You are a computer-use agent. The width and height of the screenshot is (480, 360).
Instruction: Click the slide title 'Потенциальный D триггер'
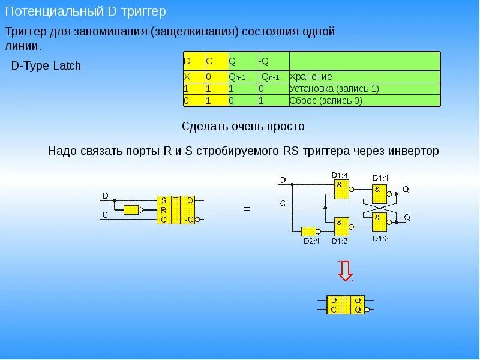[x=86, y=12]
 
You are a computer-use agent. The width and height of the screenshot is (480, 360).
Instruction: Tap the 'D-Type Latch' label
[x=46, y=66]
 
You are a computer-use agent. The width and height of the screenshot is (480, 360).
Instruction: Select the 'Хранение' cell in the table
[x=311, y=77]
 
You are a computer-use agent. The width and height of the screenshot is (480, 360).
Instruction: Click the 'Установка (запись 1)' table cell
[x=334, y=89]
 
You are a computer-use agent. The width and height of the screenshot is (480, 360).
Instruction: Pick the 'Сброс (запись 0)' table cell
[x=326, y=101]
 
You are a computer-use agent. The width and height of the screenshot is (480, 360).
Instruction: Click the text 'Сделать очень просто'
[x=243, y=127]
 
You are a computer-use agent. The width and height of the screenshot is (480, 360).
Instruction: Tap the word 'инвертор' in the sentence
[x=413, y=151]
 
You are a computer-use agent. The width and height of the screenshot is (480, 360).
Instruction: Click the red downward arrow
[x=345, y=272]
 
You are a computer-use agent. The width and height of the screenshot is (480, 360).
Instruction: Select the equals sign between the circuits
[x=246, y=209]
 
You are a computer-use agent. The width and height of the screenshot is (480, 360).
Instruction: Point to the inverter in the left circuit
[x=131, y=209]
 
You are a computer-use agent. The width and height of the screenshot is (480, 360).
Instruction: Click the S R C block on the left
[x=164, y=209]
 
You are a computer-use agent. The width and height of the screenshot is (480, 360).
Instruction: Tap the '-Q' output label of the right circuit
[x=406, y=217]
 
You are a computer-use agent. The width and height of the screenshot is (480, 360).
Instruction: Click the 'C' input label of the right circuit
[x=283, y=203]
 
